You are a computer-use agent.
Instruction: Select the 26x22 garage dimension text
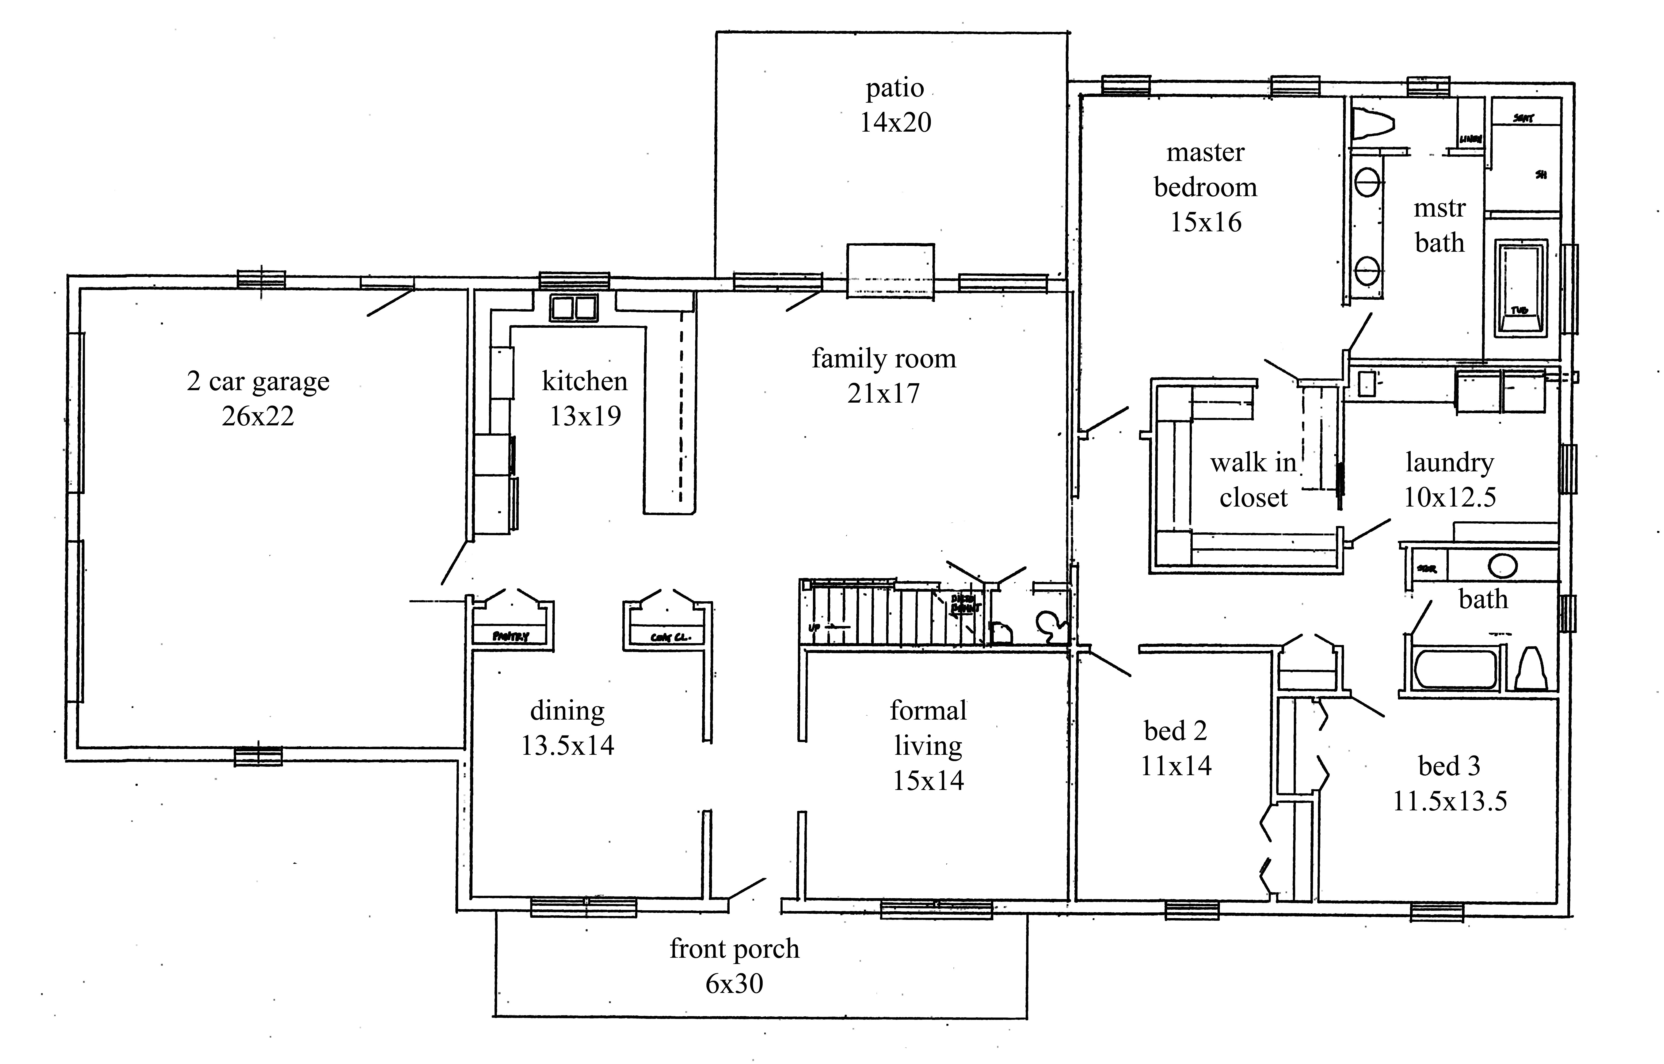pos(258,416)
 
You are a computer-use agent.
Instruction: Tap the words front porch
pos(734,949)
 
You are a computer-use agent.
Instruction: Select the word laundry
pos(1449,462)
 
